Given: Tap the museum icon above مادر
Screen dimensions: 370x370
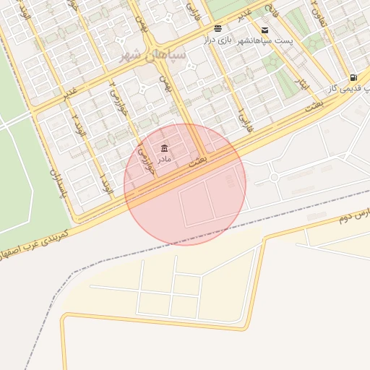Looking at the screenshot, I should click(165, 148).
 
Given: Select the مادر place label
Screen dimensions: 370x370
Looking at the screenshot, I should click(165, 159).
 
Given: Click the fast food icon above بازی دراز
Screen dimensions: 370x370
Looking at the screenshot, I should click(218, 29).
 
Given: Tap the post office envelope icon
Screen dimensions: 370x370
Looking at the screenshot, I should click(265, 30).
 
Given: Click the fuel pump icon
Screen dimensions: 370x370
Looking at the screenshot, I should click(353, 77).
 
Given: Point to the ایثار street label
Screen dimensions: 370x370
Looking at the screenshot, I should click(303, 85).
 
